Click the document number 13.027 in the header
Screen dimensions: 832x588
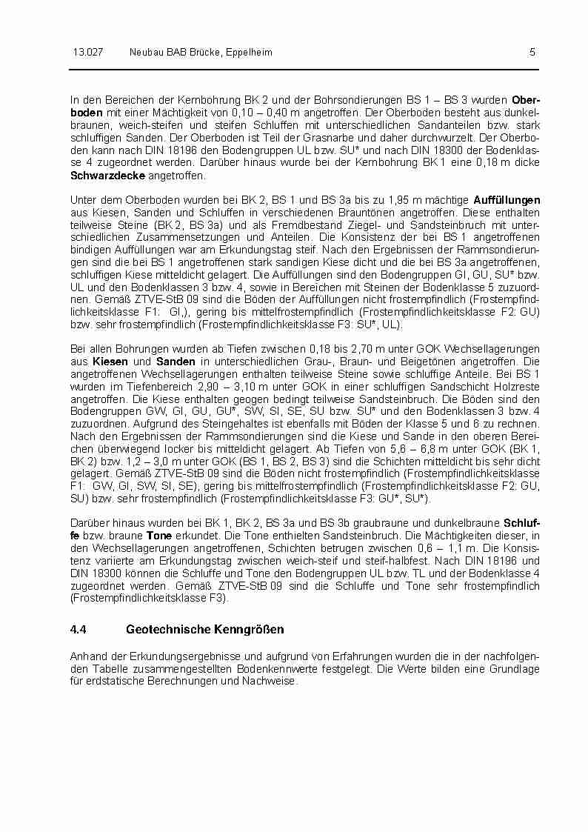87,52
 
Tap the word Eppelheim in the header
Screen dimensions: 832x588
248,52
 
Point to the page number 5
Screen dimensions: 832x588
532,52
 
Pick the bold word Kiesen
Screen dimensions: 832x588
106,361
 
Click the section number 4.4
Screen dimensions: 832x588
79,629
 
